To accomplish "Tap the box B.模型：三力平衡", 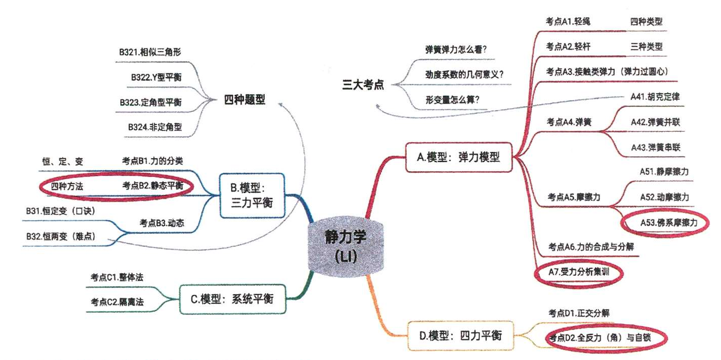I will pyautogui.click(x=253, y=196).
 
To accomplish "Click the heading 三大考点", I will pyautogui.click(x=363, y=85).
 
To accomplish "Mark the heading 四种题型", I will pyautogui.click(x=245, y=100).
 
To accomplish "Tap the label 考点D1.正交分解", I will pyautogui.click(x=578, y=313).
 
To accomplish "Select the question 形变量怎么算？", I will pyautogui.click(x=453, y=99).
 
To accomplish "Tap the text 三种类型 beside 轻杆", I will pyautogui.click(x=647, y=46).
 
